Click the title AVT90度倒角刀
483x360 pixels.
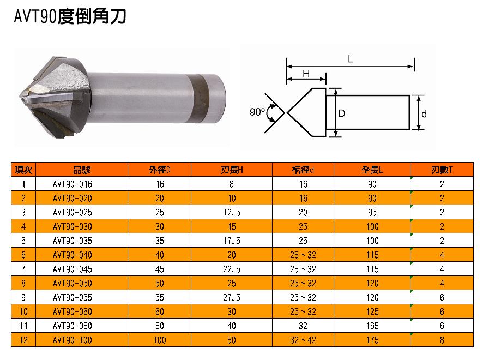click(70, 16)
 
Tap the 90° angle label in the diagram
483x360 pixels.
click(257, 112)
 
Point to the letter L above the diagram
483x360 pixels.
click(351, 59)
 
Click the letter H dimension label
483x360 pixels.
click(306, 74)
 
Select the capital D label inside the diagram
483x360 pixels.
click(342, 113)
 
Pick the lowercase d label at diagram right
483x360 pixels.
click(424, 115)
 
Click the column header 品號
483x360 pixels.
click(82, 170)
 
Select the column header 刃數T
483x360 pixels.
click(442, 170)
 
